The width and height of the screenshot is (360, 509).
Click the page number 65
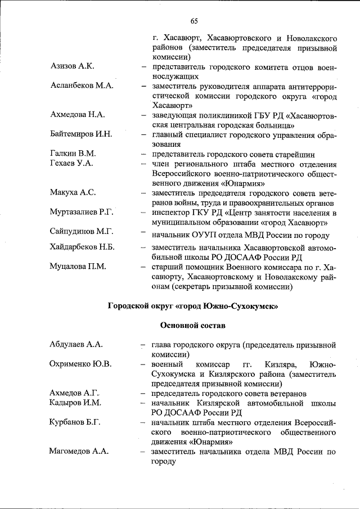(194, 21)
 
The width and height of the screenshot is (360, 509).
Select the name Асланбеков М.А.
(82, 86)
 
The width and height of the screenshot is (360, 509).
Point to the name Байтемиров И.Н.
(81, 134)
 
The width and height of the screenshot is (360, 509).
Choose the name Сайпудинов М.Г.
(82, 231)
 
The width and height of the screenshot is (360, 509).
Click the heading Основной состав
(193, 325)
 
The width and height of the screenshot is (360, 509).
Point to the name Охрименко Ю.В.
(80, 364)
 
